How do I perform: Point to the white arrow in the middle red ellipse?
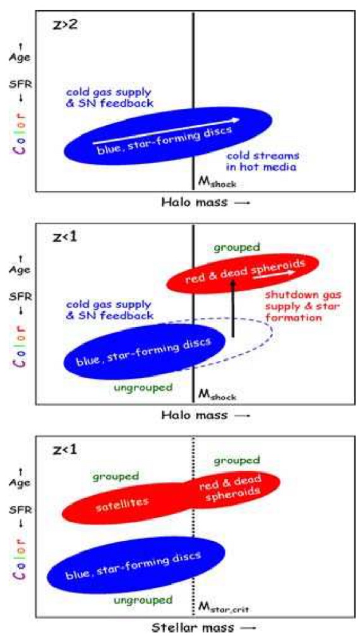pyautogui.click(x=273, y=275)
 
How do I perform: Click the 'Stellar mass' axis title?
pyautogui.click(x=204, y=627)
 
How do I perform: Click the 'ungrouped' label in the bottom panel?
pyautogui.click(x=143, y=600)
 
